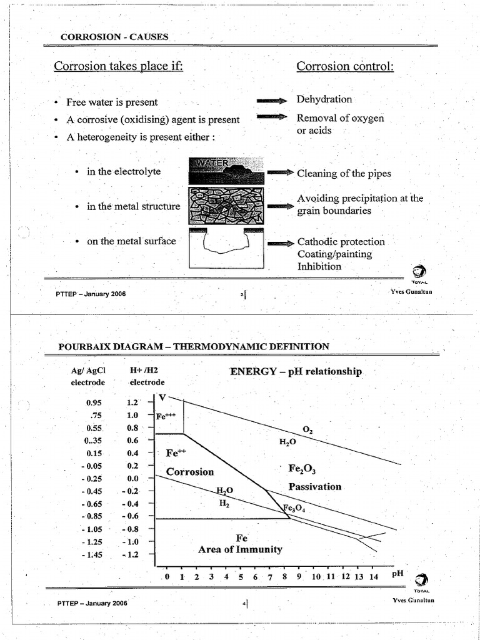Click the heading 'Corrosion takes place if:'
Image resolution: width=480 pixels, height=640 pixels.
click(x=118, y=66)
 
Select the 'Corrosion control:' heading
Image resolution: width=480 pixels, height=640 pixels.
click(x=345, y=66)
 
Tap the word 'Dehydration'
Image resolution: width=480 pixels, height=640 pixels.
click(x=324, y=99)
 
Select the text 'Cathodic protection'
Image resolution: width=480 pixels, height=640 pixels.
click(x=341, y=242)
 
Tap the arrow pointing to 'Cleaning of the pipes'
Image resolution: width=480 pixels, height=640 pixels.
click(x=281, y=173)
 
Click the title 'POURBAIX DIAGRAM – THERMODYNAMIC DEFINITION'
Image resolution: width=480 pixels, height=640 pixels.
click(x=194, y=346)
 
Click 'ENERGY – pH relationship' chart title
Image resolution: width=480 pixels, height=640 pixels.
click(x=296, y=371)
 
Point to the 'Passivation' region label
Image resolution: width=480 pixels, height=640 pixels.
click(x=314, y=486)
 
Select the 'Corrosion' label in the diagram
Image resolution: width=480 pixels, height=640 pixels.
click(x=190, y=472)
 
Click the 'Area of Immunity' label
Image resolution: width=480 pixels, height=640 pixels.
click(x=240, y=550)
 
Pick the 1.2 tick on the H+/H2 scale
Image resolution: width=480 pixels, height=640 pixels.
click(x=132, y=403)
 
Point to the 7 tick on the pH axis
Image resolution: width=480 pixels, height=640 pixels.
click(x=270, y=577)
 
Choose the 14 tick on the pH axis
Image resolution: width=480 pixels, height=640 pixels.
click(x=373, y=577)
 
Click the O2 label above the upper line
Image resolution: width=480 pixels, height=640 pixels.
click(x=307, y=429)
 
